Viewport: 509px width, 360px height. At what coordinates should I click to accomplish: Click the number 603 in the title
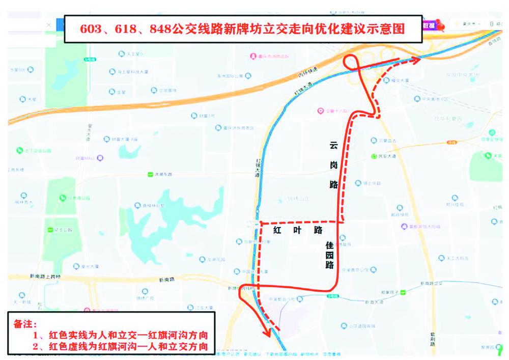(x=92, y=29)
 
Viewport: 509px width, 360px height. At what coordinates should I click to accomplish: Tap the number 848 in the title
(x=161, y=29)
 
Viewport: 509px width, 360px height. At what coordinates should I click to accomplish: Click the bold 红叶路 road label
(x=298, y=230)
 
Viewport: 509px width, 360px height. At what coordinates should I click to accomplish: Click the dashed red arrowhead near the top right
(x=417, y=60)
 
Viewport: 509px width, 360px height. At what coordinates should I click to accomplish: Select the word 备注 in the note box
(x=25, y=324)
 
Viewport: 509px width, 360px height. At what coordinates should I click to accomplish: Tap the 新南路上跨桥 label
(x=45, y=276)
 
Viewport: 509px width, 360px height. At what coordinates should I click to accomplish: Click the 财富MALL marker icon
(x=100, y=158)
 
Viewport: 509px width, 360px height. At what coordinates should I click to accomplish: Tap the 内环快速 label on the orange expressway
(x=307, y=73)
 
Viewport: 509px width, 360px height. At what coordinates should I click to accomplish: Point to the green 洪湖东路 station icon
(x=151, y=175)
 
